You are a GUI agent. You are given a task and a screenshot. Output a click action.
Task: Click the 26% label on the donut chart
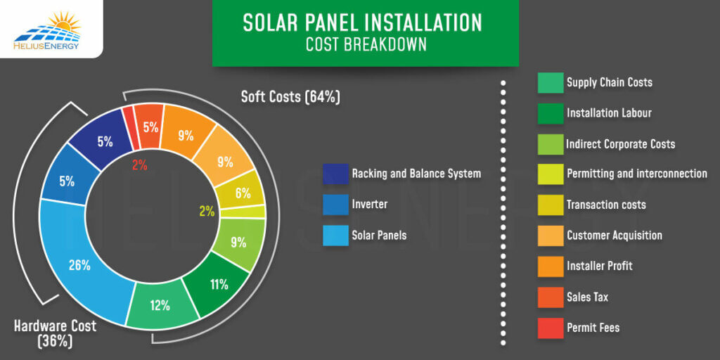click(79, 265)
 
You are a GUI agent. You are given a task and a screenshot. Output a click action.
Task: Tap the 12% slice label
click(160, 305)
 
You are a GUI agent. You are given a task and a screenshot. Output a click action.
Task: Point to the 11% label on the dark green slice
click(219, 285)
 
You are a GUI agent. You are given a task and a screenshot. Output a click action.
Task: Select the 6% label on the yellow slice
click(243, 193)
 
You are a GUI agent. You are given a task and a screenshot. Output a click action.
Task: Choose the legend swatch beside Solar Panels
click(335, 235)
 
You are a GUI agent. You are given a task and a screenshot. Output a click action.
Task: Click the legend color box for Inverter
click(335, 205)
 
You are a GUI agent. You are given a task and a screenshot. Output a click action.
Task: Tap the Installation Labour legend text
click(609, 113)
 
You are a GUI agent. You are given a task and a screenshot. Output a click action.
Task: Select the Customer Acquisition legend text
click(615, 236)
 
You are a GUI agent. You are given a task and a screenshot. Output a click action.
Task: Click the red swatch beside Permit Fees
click(551, 328)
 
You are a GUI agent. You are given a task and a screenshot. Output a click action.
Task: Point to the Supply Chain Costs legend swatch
click(551, 83)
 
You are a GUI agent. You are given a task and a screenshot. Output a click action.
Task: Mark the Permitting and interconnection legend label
click(637, 174)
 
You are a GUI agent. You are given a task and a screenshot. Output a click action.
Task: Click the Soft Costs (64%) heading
click(290, 97)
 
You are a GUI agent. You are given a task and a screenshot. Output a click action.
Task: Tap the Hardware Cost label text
click(55, 326)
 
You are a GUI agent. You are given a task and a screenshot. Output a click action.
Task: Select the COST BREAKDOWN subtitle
click(366, 44)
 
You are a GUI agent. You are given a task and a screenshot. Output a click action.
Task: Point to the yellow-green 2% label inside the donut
click(207, 211)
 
